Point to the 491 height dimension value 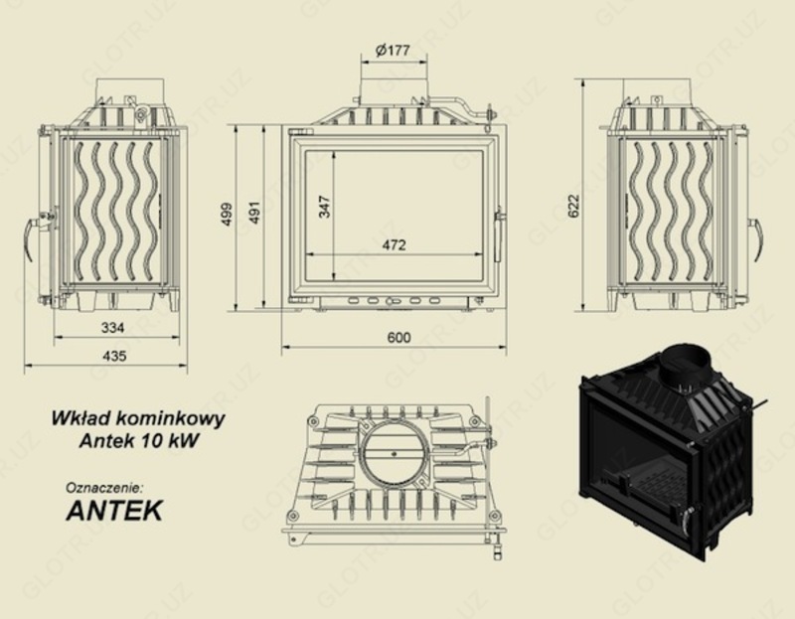point(254,213)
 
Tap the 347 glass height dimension point(324,206)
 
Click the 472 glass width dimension point(395,245)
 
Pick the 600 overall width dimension point(397,338)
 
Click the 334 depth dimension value point(112,327)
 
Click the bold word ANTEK point(113,511)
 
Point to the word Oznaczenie point(104,488)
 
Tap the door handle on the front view point(499,230)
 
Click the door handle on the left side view point(33,235)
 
